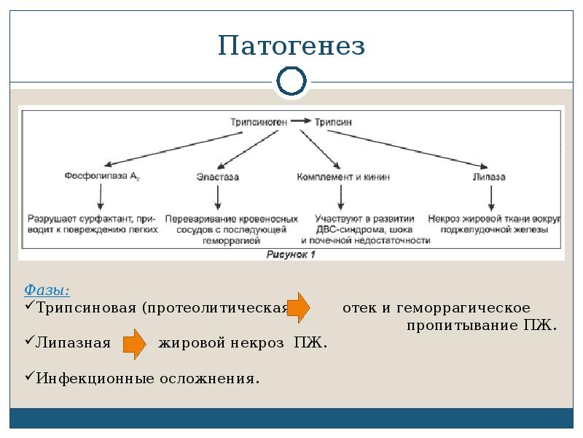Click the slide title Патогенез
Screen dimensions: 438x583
point(291,47)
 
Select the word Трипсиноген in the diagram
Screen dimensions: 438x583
point(259,123)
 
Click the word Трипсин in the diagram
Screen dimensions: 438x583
point(333,123)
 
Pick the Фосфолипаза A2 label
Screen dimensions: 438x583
point(102,177)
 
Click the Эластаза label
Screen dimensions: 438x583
point(218,177)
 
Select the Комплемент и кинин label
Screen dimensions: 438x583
point(343,177)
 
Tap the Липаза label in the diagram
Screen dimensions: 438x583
point(489,177)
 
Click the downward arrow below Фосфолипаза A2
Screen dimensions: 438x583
point(102,197)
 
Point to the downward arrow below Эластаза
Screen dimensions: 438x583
point(218,197)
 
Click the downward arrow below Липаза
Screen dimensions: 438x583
point(493,197)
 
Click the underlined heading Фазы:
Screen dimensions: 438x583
point(47,290)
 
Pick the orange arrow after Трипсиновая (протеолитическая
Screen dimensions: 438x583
point(298,307)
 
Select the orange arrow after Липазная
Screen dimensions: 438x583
point(134,343)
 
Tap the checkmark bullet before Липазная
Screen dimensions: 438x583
point(30,342)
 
